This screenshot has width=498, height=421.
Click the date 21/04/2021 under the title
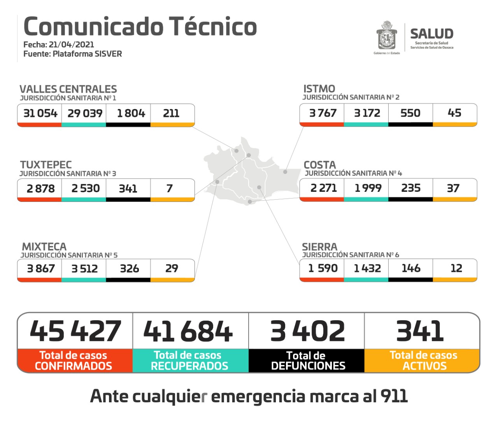[71, 44]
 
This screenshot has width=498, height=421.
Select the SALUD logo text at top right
[431, 34]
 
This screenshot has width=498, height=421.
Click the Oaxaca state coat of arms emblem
[386, 36]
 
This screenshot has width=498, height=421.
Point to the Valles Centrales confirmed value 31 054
[40, 113]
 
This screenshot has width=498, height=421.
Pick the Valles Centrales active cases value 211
[171, 113]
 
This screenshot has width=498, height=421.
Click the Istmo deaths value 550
[410, 113]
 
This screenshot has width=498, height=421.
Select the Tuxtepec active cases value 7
[170, 188]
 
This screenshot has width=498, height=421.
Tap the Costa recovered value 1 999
[368, 188]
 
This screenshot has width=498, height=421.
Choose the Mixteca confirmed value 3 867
[40, 268]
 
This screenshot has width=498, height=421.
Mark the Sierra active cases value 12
[456, 268]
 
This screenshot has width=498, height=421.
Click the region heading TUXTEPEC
[46, 165]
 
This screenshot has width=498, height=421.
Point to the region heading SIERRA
[319, 247]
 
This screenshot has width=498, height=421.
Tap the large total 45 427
[75, 331]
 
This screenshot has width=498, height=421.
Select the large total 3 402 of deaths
[307, 331]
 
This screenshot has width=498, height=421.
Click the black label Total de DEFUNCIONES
[307, 361]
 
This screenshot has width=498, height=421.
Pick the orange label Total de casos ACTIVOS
[423, 361]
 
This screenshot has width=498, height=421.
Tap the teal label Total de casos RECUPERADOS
[189, 361]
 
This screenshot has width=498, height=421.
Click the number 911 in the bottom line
[394, 396]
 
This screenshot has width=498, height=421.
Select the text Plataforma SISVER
[87, 54]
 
